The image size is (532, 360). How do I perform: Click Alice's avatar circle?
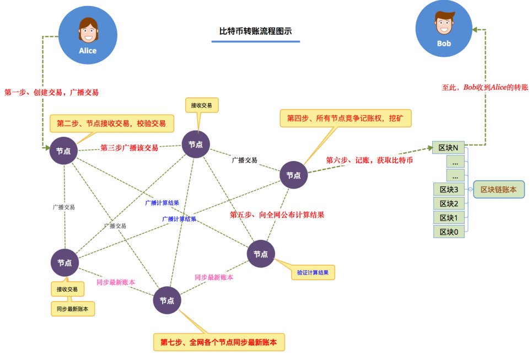click(x=88, y=35)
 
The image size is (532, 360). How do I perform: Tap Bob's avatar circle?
click(x=444, y=28)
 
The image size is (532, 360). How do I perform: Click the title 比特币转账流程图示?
click(x=255, y=31)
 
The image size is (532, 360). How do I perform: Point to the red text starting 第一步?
click(x=52, y=93)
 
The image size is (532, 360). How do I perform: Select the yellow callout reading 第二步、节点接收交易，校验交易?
click(x=111, y=123)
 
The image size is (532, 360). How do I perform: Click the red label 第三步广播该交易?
click(x=129, y=148)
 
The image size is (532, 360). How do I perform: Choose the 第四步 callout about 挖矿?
click(x=346, y=118)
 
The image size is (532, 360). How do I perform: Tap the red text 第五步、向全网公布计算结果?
click(x=277, y=215)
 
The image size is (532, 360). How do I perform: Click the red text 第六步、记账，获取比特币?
click(x=369, y=160)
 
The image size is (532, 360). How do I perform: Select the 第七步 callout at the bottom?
click(x=219, y=342)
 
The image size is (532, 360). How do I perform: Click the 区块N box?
click(x=449, y=148)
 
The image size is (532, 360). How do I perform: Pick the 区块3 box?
click(x=449, y=190)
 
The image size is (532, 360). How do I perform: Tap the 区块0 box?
click(x=449, y=232)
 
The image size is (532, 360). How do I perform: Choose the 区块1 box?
click(x=449, y=218)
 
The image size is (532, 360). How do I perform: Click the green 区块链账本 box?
click(x=498, y=189)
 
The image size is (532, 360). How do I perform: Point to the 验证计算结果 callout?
click(x=313, y=272)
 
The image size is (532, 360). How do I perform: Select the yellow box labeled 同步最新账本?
click(x=73, y=309)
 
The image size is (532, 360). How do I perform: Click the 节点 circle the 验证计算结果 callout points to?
click(x=261, y=254)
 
